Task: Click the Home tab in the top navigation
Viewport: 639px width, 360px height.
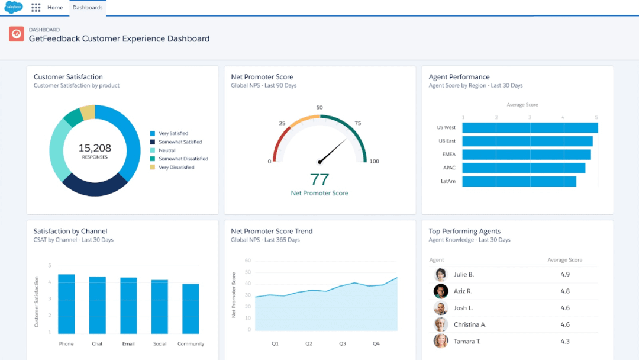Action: pos(55,8)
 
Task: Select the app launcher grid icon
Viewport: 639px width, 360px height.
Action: pos(36,8)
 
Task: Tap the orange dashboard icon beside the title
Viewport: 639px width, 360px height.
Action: pos(17,34)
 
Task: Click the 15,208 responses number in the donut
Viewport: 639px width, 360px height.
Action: pos(95,148)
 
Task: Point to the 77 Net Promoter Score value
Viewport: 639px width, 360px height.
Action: pos(319,179)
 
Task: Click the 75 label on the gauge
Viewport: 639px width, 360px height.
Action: pos(357,123)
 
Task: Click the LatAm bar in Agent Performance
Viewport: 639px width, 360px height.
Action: pos(519,181)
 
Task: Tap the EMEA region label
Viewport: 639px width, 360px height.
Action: pos(448,155)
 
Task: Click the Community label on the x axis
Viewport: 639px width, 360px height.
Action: pos(191,344)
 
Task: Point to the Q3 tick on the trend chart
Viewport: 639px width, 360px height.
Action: pos(342,343)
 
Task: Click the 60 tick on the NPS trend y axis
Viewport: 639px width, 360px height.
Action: pos(247,261)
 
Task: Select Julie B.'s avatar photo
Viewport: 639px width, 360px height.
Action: pos(441,275)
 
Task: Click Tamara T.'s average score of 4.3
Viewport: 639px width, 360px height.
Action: pos(564,341)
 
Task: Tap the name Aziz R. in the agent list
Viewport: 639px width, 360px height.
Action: pos(463,291)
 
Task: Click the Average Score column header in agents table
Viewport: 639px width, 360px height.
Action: pos(564,261)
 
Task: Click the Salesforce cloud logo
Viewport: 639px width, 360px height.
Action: pos(14,8)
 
